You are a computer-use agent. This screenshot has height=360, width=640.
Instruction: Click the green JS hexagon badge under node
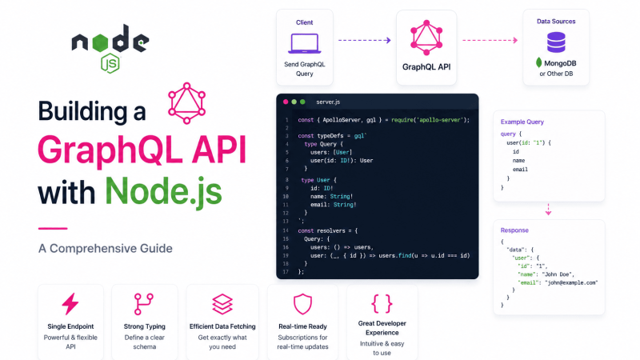coord(110,63)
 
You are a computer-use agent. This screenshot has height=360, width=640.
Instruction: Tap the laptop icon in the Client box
coord(305,43)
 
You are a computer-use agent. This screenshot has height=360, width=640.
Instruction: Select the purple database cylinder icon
coord(556,42)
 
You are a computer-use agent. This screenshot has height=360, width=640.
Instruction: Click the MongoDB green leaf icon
coord(538,62)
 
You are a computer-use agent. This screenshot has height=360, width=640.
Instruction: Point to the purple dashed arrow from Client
coord(365,40)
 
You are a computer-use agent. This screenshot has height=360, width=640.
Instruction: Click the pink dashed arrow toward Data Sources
coord(490,40)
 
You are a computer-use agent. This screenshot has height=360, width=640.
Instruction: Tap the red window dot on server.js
coord(286,102)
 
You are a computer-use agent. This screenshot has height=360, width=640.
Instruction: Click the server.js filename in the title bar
coord(328,102)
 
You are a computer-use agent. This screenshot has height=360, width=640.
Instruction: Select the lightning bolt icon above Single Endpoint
coord(70,304)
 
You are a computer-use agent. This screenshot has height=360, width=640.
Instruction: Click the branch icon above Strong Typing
coord(144,304)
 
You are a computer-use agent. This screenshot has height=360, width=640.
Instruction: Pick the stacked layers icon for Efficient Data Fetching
coord(222,304)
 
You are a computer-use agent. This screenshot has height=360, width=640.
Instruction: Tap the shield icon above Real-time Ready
coord(302,304)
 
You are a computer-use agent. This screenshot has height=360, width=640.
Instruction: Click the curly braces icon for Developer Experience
coord(382,303)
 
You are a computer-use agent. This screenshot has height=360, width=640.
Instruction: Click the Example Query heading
coord(522,122)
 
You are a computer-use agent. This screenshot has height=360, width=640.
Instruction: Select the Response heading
coord(514,230)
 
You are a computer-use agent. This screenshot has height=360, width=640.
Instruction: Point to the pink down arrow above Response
coord(548,210)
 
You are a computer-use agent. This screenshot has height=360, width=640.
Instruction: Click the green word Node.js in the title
coord(164,191)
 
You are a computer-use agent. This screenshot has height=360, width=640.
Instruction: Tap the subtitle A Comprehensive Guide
coord(106,248)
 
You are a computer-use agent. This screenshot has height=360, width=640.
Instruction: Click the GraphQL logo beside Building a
coord(186,103)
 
